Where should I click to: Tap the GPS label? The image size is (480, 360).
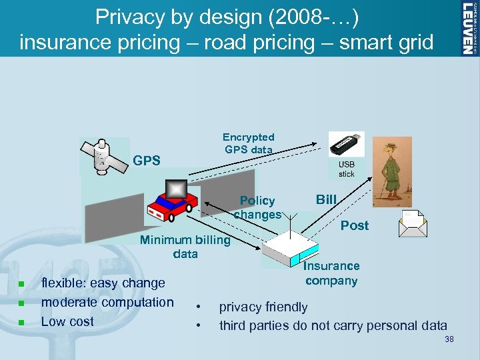coord(147,161)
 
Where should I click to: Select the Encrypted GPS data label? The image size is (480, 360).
coord(249,143)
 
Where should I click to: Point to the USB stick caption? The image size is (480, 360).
coord(347,169)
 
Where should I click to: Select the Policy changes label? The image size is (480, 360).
coord(257,207)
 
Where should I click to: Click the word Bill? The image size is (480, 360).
coord(326,199)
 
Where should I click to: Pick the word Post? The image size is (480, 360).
coord(355,225)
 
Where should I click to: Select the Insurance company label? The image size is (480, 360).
coord(332,273)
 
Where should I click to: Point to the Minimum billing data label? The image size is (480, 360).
coord(185,247)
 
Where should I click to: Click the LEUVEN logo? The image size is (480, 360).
coord(469,27)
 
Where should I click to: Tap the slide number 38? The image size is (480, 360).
coord(449,340)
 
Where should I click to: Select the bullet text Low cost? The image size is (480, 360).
coord(67,321)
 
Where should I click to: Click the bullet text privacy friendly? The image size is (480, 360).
coord(263,307)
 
